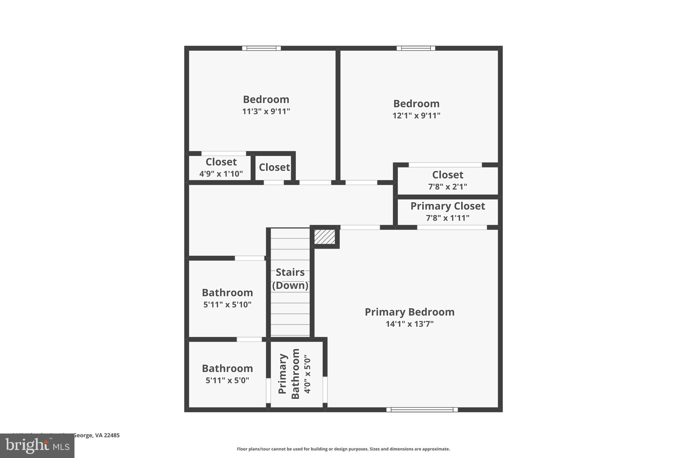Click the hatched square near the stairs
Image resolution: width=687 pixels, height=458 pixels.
324,237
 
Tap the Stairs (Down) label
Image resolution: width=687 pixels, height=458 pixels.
290,278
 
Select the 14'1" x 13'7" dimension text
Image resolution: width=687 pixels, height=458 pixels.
410,324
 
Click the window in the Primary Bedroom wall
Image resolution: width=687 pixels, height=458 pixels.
422,409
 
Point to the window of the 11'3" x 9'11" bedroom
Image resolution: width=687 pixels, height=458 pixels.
261,48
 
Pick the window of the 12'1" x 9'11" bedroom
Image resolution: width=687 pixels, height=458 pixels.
416,48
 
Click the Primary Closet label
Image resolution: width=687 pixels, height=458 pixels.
447,206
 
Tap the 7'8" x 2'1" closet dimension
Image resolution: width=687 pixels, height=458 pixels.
447,187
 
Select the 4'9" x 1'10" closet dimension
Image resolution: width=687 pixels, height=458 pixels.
221,174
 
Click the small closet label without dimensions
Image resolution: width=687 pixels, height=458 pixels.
274,167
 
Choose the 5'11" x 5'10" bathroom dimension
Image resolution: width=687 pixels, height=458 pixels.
227,305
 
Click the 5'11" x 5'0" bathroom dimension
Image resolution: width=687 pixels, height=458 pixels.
227,380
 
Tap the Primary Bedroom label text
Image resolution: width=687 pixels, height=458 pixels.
410,312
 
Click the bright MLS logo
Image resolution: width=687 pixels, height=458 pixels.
37,446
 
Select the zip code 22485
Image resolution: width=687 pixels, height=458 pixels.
112,435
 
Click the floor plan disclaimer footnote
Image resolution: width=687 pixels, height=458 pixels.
343,449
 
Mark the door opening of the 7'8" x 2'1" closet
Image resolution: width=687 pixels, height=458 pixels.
445,165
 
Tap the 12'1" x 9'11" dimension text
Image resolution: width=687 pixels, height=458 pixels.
416,115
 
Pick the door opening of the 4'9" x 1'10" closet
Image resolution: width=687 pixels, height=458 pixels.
223,154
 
